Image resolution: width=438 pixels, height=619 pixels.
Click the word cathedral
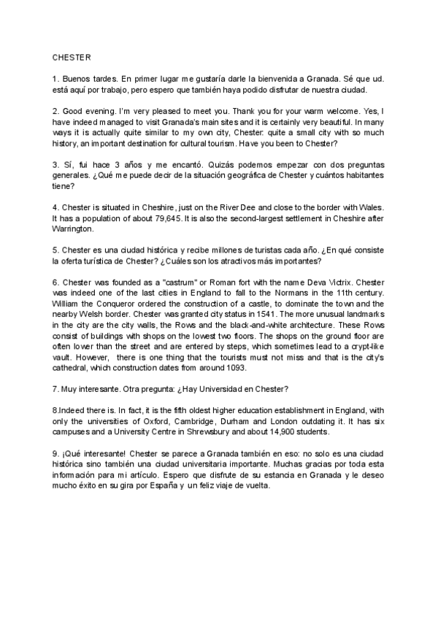(x=74, y=368)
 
